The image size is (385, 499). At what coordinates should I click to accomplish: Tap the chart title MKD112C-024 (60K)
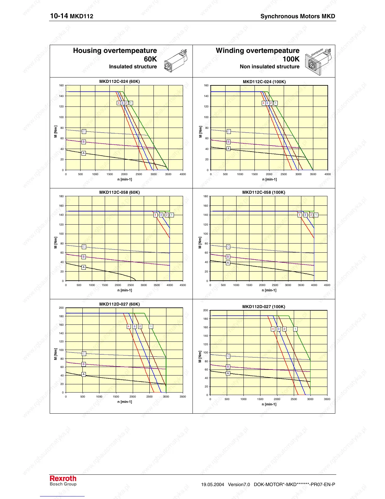tap(120, 81)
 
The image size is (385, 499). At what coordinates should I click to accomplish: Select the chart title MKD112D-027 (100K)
tap(264, 307)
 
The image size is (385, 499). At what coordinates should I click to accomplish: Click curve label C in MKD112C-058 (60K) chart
tap(84, 247)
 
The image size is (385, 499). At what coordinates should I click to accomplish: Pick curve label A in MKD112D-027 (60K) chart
tap(84, 374)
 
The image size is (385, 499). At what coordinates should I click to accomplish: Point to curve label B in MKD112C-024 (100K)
tap(228, 142)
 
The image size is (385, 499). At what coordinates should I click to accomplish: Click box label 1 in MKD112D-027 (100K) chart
tap(295, 329)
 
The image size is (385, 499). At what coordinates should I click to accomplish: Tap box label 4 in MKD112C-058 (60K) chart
tap(155, 215)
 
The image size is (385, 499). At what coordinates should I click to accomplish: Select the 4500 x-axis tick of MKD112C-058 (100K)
tap(327, 285)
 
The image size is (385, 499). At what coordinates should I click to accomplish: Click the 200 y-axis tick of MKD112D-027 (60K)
tap(61, 308)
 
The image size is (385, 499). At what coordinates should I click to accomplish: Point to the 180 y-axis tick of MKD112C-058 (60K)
tap(61, 196)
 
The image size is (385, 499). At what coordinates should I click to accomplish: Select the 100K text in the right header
tap(291, 59)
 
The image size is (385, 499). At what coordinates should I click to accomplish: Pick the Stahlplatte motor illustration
tap(318, 61)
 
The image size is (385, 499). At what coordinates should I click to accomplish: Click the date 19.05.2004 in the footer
tap(213, 485)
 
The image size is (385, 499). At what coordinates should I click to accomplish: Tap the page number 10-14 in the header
tap(59, 16)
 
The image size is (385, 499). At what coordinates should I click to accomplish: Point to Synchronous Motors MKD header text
tap(298, 16)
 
